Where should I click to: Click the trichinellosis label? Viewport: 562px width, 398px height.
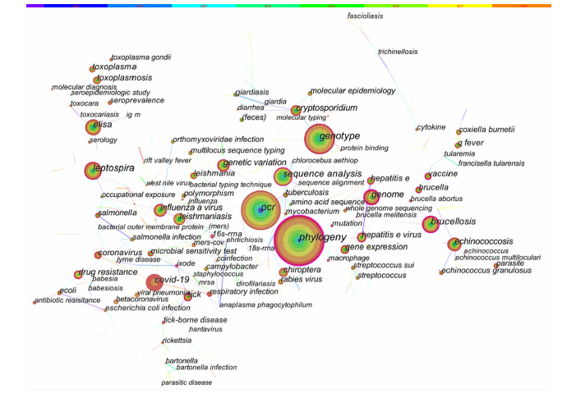398,52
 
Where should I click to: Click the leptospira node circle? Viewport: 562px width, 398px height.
92,171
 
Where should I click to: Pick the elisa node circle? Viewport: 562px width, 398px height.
92,126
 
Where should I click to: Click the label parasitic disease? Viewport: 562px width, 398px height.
186,382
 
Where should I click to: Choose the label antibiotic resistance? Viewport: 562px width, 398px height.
71,300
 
